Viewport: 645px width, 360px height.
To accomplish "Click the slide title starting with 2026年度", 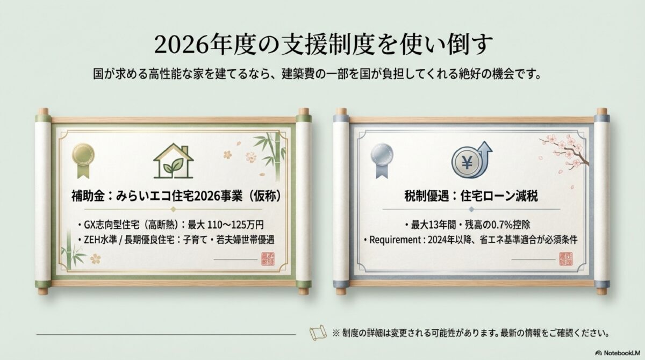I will click(x=322, y=45).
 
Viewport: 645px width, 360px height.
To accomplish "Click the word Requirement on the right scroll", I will click(x=391, y=240).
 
